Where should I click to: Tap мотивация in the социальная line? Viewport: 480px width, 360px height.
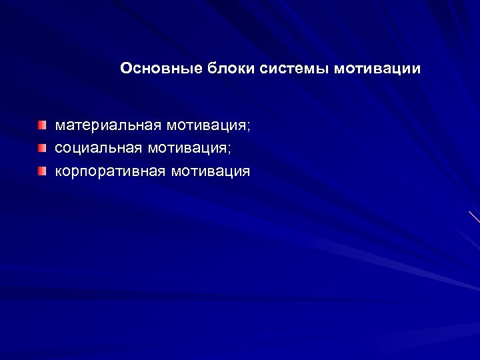[193, 149]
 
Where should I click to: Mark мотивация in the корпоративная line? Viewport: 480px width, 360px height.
[211, 172]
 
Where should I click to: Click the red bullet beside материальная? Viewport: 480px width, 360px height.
[42, 125]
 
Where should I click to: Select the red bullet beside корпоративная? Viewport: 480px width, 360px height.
[42, 172]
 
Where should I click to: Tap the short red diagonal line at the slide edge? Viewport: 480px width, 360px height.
[474, 217]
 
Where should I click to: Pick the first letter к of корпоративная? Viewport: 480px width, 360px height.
[59, 172]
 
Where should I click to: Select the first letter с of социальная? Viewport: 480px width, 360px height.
[59, 149]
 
